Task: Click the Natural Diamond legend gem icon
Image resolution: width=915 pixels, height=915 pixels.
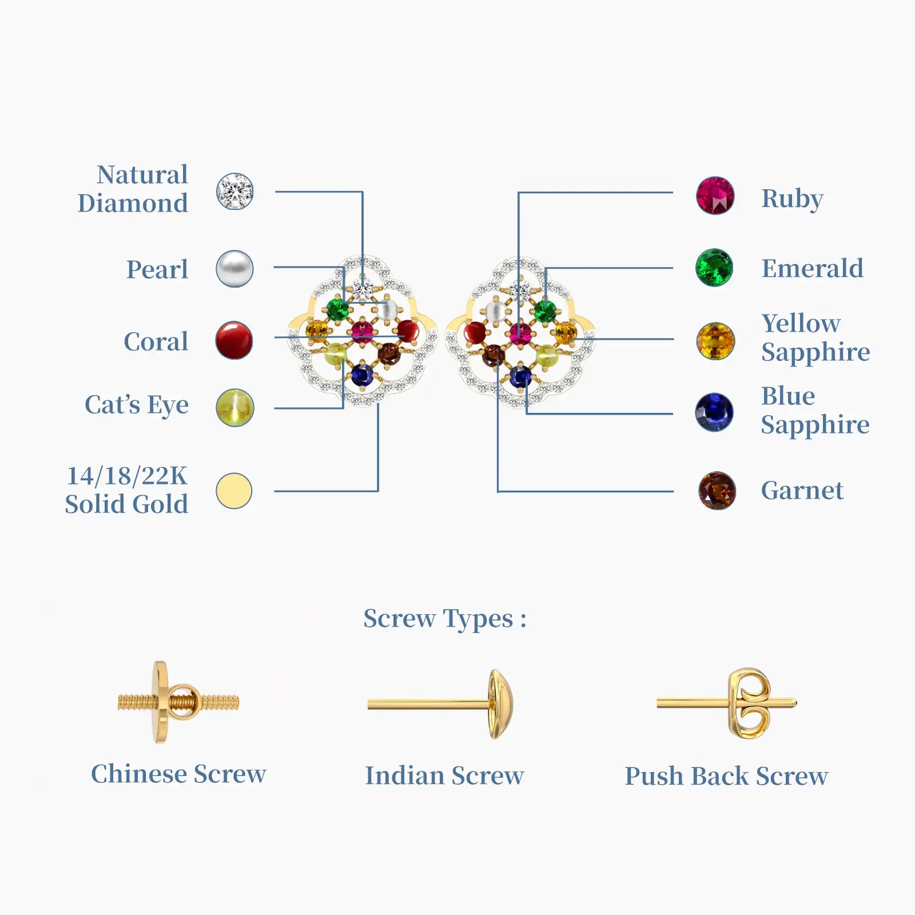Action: pyautogui.click(x=234, y=191)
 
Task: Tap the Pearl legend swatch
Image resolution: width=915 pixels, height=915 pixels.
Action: pyautogui.click(x=234, y=268)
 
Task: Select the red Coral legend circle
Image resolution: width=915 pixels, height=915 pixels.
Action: pyautogui.click(x=234, y=340)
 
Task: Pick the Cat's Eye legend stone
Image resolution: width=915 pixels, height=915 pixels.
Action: pyautogui.click(x=234, y=407)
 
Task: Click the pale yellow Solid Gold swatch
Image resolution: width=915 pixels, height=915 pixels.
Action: pyautogui.click(x=234, y=491)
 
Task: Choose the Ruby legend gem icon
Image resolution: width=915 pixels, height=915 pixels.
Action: pyautogui.click(x=715, y=196)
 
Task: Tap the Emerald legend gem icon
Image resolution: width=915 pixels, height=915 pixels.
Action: pyautogui.click(x=714, y=267)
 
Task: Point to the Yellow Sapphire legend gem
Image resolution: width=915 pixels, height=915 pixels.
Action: pyautogui.click(x=715, y=341)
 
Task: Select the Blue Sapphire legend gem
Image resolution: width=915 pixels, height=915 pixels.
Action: pyautogui.click(x=714, y=412)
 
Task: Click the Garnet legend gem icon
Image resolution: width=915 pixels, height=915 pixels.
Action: pyautogui.click(x=717, y=490)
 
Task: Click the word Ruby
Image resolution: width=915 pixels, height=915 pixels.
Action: pyautogui.click(x=792, y=199)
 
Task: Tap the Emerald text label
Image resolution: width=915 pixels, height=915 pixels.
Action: pyautogui.click(x=812, y=268)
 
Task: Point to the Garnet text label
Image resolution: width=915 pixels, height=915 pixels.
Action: pyautogui.click(x=802, y=491)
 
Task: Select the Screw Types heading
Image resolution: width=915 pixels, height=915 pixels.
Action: pyautogui.click(x=444, y=619)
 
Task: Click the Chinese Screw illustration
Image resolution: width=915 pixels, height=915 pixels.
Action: pyautogui.click(x=178, y=702)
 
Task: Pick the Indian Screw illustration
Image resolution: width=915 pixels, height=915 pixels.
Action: pyautogui.click(x=440, y=703)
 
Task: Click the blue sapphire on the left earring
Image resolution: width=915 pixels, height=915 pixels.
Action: pyautogui.click(x=362, y=375)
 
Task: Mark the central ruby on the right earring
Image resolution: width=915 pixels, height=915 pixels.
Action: pyautogui.click(x=520, y=333)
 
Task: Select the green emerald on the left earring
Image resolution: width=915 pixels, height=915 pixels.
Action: pyautogui.click(x=337, y=309)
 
